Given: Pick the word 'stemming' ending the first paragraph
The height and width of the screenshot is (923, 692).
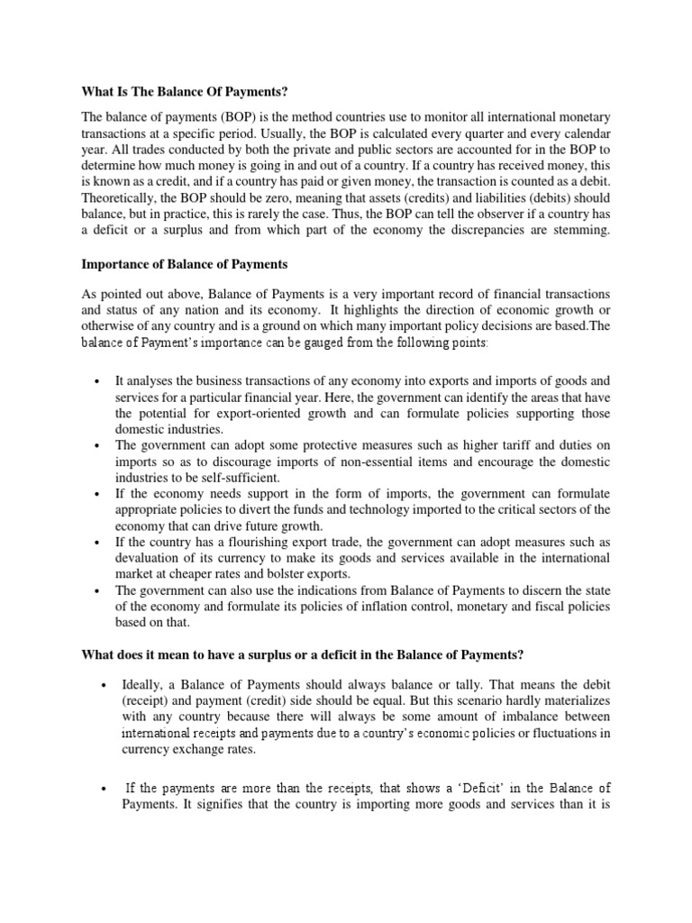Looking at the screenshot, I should click(582, 232).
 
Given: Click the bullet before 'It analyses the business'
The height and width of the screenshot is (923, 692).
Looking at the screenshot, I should click(96, 383).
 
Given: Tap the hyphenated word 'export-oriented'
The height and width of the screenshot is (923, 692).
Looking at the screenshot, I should click(223, 414).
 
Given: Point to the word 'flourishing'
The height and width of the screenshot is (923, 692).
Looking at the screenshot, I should click(259, 541).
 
